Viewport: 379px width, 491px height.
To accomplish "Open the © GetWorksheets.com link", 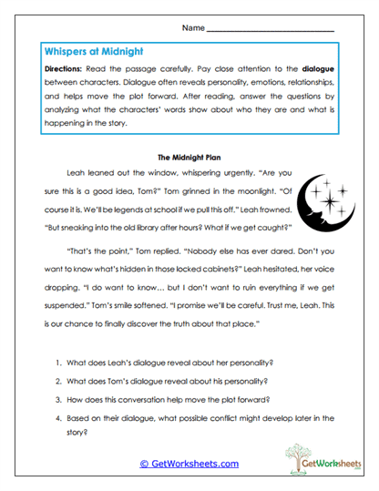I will click(189, 464).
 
